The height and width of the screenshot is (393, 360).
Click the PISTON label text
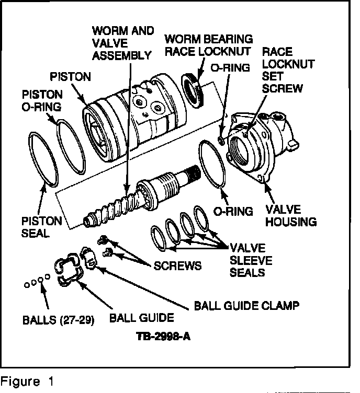(x=70, y=77)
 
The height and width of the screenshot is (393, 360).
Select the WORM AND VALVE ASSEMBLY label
(x=122, y=42)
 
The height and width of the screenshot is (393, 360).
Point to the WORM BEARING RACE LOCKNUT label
(x=209, y=45)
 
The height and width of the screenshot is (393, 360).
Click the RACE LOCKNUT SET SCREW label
(x=288, y=70)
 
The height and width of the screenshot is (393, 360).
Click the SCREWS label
(x=177, y=265)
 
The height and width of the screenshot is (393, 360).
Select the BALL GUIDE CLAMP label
(x=247, y=304)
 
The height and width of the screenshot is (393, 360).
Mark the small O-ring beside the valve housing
(x=222, y=140)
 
